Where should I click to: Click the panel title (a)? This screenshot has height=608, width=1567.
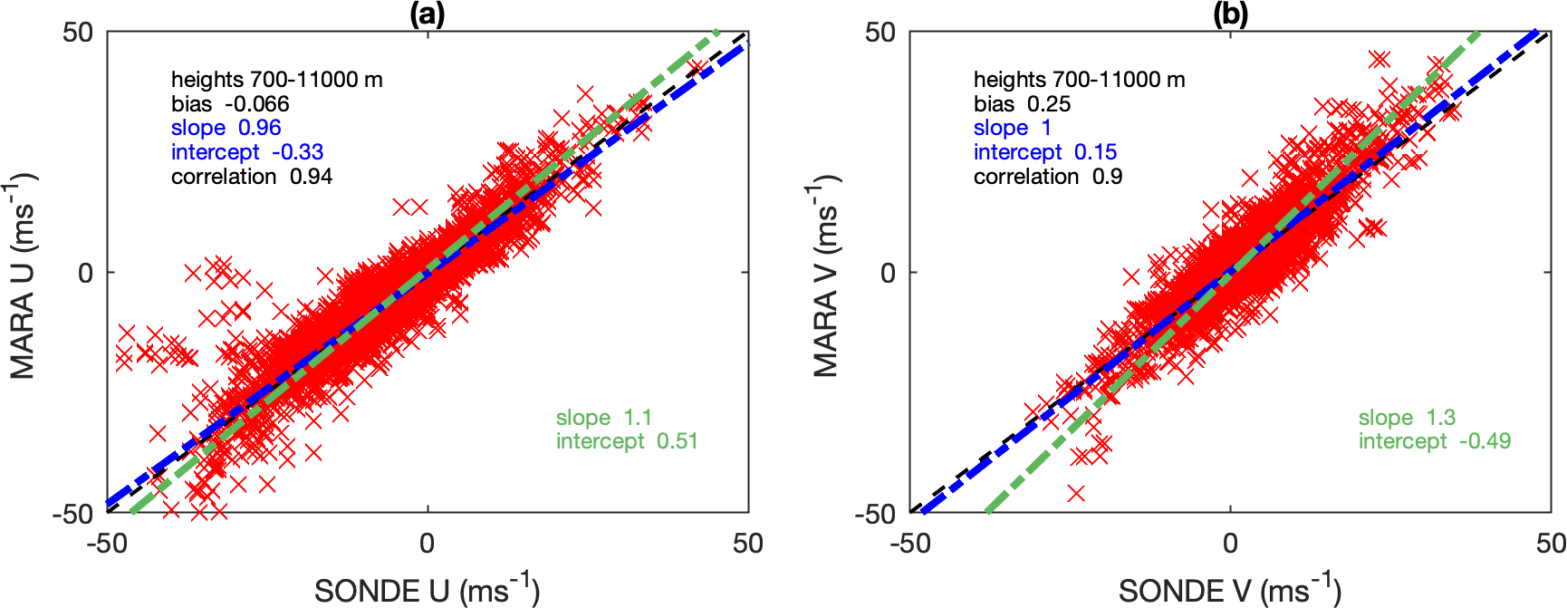428,14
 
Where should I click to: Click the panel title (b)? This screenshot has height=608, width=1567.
1230,14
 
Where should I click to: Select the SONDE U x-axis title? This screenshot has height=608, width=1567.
427,590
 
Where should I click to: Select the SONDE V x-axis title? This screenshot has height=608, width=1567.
1229,590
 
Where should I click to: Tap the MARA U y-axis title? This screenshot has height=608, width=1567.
24,275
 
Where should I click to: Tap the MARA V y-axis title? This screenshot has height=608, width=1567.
826,275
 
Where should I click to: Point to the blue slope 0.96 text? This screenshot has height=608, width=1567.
226,128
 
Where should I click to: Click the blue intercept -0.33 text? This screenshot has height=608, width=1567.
247,152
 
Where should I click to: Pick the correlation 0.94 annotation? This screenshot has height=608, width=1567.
252,177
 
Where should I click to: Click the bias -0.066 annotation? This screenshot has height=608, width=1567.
230,104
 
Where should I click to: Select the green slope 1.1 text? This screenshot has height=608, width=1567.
603,418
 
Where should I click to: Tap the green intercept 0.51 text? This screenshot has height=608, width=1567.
627,441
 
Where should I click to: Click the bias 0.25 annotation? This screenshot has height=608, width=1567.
1022,104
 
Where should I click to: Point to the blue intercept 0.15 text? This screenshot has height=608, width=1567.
1045,152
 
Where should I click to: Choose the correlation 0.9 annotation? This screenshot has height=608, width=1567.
1048,177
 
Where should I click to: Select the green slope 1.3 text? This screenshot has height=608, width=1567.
1407,418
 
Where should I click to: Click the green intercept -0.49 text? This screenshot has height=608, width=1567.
1435,441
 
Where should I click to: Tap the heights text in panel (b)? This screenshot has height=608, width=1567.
1079,80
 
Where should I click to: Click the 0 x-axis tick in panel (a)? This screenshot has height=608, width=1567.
427,544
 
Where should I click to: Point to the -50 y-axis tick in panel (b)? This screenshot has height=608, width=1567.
876,515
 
